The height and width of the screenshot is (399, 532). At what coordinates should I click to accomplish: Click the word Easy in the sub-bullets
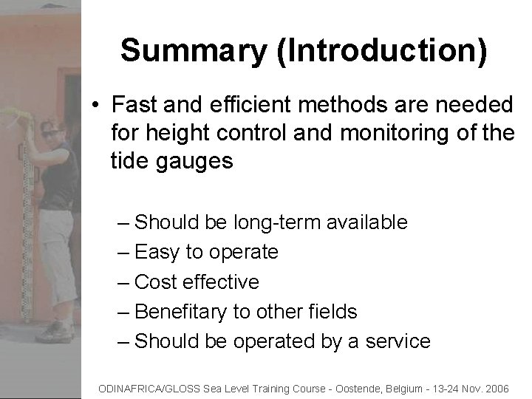pos(158,252)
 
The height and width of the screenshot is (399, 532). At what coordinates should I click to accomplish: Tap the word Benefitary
pos(183,312)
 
